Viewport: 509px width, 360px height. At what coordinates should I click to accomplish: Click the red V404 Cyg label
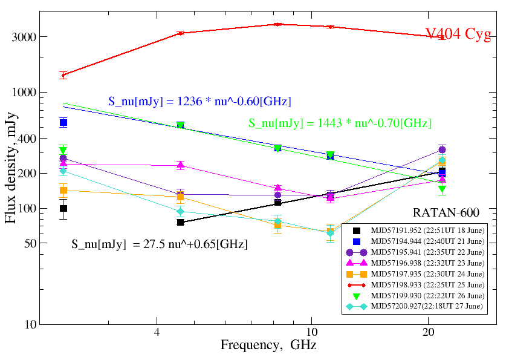coord(457,34)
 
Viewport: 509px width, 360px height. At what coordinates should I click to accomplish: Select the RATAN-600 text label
coord(446,212)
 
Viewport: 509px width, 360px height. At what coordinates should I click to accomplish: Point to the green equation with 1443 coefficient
coord(340,123)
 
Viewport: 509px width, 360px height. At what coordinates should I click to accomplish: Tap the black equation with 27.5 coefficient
coord(160,244)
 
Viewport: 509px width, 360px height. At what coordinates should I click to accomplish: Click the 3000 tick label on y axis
coord(24,37)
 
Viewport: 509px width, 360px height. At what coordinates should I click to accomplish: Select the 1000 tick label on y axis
coord(24,93)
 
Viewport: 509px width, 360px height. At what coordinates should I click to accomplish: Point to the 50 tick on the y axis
coord(28,243)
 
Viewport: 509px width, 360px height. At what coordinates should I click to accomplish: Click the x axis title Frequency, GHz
coord(268,346)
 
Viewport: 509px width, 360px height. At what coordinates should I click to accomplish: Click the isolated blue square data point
coord(63,123)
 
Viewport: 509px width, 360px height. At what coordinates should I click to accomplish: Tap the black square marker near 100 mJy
coord(63,208)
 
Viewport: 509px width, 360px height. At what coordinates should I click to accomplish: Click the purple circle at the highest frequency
coord(442,149)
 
